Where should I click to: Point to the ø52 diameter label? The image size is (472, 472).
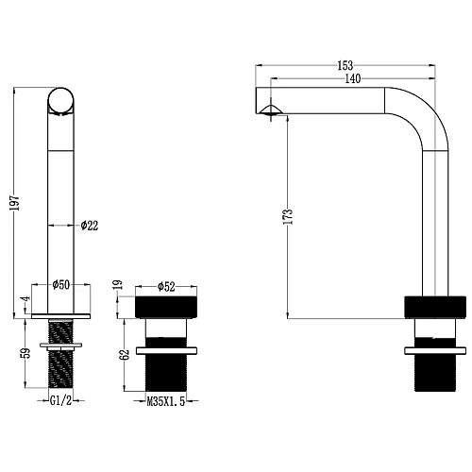pyautogui.click(x=163, y=285)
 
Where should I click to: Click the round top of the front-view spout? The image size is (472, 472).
pyautogui.click(x=61, y=100)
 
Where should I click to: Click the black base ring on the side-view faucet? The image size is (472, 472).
pyautogui.click(x=434, y=307)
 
